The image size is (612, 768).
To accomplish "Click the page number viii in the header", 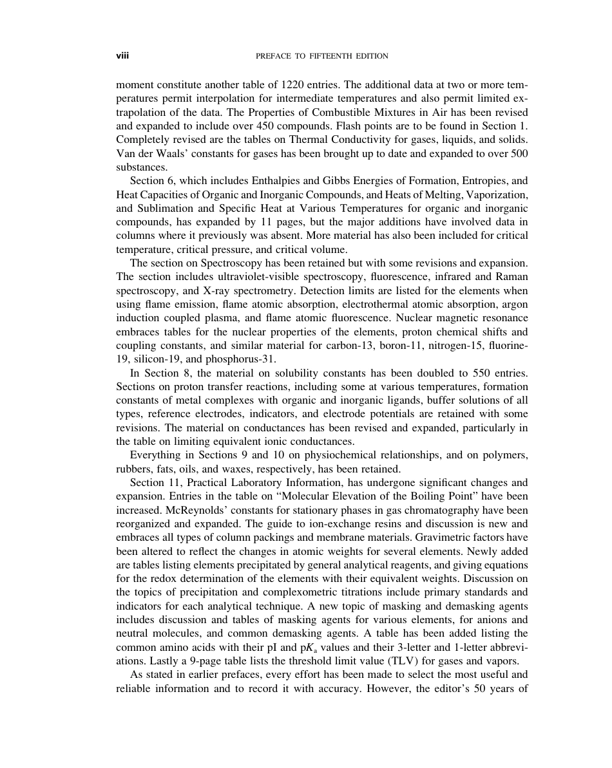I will [x=122, y=56].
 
